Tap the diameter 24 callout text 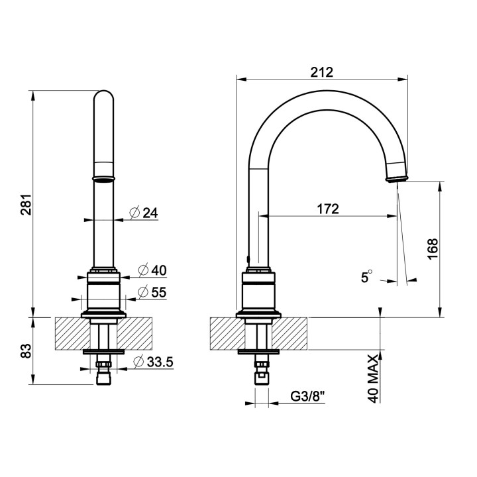[143, 213]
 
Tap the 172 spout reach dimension [327, 209]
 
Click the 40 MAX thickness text [373, 378]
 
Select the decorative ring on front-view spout [105, 178]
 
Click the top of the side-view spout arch [331, 93]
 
